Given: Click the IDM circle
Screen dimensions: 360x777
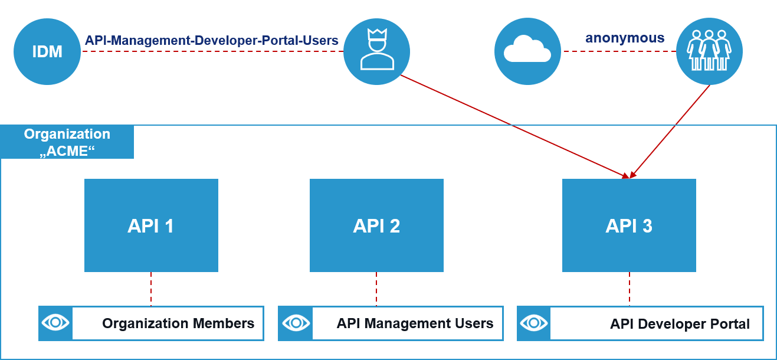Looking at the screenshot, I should (47, 51).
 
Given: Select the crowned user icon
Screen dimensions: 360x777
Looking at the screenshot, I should (376, 51).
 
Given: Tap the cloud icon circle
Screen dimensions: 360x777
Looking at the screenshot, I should (527, 51).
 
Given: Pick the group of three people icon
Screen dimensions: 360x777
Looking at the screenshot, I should (709, 51).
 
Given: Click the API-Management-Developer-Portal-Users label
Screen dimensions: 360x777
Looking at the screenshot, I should (211, 40).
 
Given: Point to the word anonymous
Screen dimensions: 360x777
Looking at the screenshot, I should (625, 38).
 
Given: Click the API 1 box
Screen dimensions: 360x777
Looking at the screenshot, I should (151, 225).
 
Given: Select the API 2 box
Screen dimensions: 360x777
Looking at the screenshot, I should (376, 225).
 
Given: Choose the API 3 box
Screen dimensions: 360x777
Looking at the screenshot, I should (629, 225).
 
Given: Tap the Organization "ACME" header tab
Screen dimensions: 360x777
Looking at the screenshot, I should (67, 142).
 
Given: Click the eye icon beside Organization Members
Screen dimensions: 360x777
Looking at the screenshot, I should (55, 323).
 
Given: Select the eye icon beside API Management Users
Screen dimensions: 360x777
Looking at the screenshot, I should (295, 323).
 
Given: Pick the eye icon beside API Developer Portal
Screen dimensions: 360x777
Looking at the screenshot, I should (534, 323).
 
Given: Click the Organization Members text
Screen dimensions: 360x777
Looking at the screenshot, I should (178, 323).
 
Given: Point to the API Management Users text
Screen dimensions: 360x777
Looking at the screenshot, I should (415, 323).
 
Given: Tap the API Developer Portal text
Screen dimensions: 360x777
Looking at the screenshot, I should (680, 324).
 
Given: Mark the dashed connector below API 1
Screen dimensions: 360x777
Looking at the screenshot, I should (151, 289).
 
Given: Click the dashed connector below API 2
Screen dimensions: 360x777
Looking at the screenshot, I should (376, 289).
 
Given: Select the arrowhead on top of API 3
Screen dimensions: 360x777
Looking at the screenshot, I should (629, 175).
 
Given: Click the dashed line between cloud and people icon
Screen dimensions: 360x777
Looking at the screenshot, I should (619, 51).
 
